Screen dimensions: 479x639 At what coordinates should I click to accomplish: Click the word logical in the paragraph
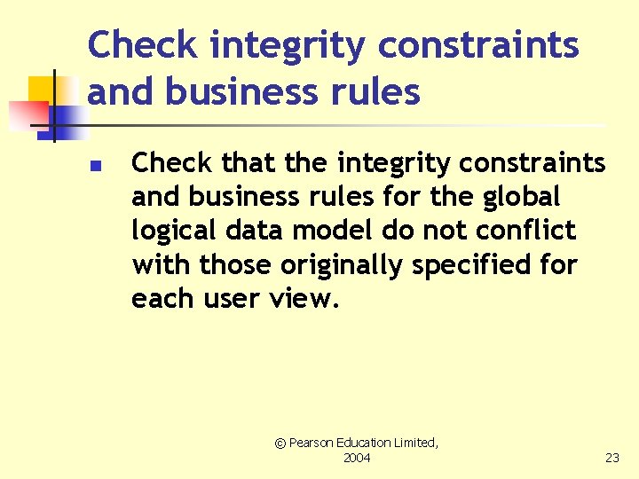point(168,232)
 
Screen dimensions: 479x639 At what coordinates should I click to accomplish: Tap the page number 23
point(612,458)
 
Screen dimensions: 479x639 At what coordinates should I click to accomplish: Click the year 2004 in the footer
point(357,458)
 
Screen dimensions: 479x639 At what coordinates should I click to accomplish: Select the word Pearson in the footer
point(313,442)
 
